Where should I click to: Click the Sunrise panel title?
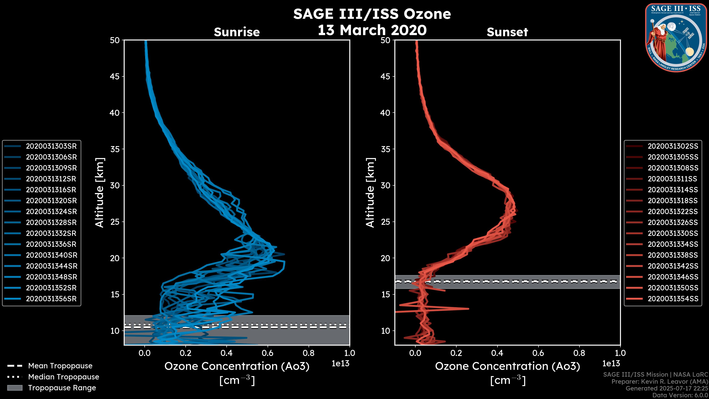(237, 32)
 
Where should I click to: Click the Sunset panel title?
(507, 32)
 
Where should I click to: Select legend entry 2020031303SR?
(51, 146)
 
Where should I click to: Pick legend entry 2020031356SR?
(51, 299)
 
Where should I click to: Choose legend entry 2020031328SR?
(51, 222)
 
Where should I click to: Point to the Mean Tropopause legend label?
(60, 366)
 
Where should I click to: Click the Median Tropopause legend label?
(64, 377)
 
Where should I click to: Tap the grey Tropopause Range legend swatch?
(15, 388)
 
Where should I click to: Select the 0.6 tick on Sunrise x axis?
(268, 353)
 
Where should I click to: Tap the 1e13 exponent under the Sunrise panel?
(340, 364)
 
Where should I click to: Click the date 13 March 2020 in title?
(372, 30)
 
